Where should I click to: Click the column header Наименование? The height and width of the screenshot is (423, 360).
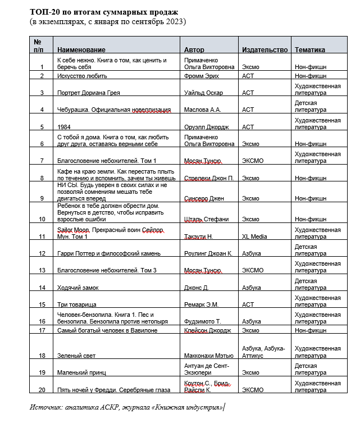pyautogui.click(x=81, y=50)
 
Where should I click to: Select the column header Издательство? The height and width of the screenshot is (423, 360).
pyautogui.click(x=265, y=50)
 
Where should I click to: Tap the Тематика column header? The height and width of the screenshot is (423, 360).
pyautogui.click(x=310, y=50)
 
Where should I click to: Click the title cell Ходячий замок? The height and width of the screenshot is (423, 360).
pyautogui.click(x=78, y=288)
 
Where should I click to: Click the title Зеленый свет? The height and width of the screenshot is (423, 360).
pyautogui.click(x=76, y=356)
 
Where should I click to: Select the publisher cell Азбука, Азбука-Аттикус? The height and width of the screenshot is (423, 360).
pyautogui.click(x=263, y=352)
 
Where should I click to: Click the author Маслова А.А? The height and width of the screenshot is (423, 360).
pyautogui.click(x=202, y=110)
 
